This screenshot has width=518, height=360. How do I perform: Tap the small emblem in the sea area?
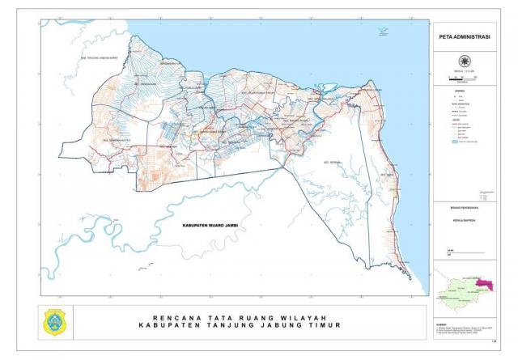381,32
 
